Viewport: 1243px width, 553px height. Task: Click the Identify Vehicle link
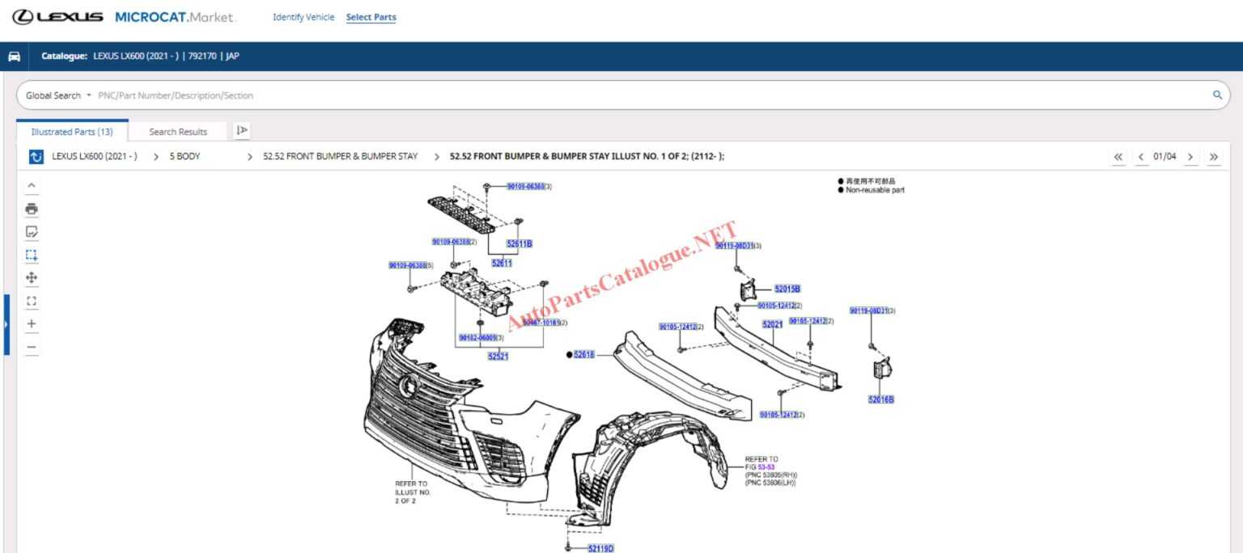coord(303,17)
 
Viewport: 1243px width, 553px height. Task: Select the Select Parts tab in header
coord(371,17)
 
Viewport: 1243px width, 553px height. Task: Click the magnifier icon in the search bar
coord(1217,95)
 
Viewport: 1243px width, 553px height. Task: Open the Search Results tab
coord(178,132)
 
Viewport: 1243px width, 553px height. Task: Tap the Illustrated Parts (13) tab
coord(72,132)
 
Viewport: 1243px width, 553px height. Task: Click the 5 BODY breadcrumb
coord(185,157)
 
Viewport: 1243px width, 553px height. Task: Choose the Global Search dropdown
coord(58,95)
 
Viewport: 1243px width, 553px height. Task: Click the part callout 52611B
coord(520,243)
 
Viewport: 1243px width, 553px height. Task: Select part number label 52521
coord(498,357)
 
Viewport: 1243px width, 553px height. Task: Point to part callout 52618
coord(584,355)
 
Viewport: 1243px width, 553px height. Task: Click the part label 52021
coord(772,324)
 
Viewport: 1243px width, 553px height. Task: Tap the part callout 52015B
coord(787,289)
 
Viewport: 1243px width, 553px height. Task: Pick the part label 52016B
coord(881,399)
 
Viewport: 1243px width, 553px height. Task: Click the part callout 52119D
coord(601,548)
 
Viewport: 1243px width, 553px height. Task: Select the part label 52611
coord(502,263)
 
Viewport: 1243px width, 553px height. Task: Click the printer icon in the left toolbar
coord(32,209)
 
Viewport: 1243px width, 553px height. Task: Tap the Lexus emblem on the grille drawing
coord(409,387)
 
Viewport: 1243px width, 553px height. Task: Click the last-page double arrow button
coord(1214,157)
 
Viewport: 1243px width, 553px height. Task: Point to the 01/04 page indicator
coord(1165,157)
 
